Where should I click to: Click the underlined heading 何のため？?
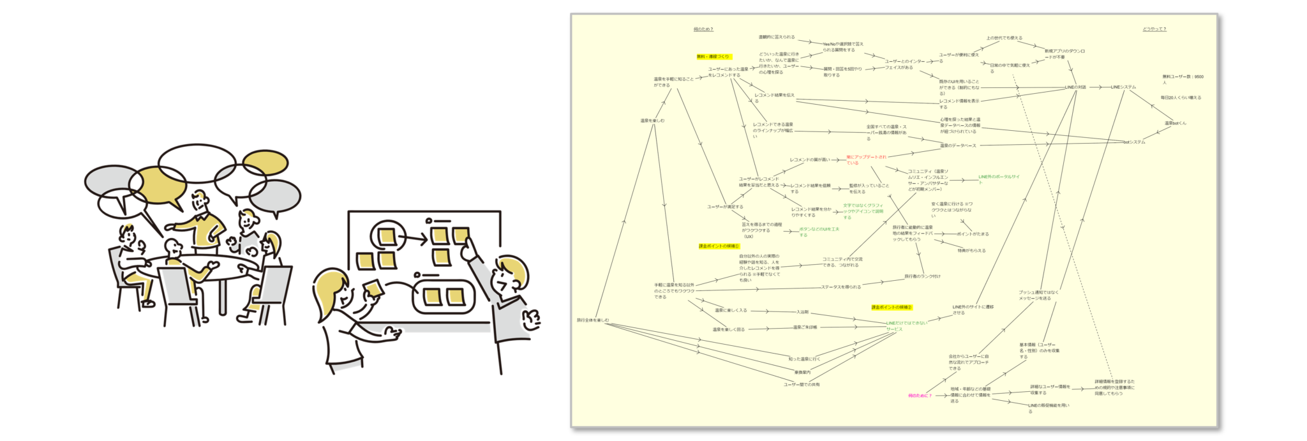[x=703, y=29]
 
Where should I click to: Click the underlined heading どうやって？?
[x=1154, y=29]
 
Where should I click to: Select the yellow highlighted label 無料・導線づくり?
[x=713, y=57]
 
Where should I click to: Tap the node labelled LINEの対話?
[x=1075, y=87]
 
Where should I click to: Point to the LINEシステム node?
[x=1123, y=87]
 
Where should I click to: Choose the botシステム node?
[x=1134, y=142]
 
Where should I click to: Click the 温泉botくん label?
[x=1175, y=123]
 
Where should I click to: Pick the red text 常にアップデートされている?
[x=866, y=160]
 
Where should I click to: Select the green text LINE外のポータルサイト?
[x=999, y=179]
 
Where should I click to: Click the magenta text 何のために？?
[x=920, y=396]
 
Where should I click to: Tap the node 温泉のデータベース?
[x=957, y=146]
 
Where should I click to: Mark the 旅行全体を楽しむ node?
[x=593, y=320]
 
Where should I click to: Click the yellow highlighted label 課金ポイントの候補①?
[x=719, y=246]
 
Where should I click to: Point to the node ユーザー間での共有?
[x=802, y=385]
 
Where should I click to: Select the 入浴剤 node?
[x=802, y=312]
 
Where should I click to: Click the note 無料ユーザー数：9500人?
[x=1182, y=79]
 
